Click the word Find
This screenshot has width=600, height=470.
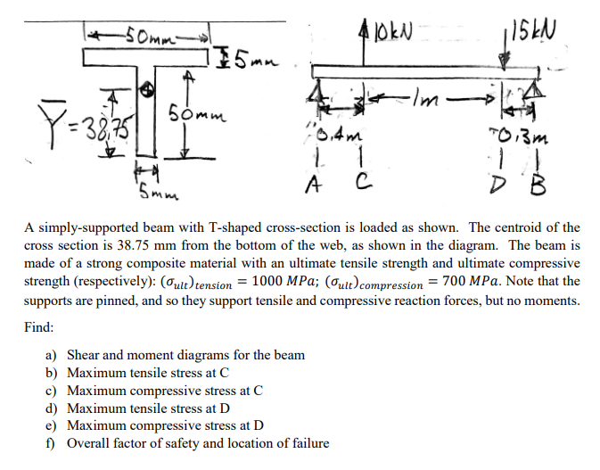pos(38,328)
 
